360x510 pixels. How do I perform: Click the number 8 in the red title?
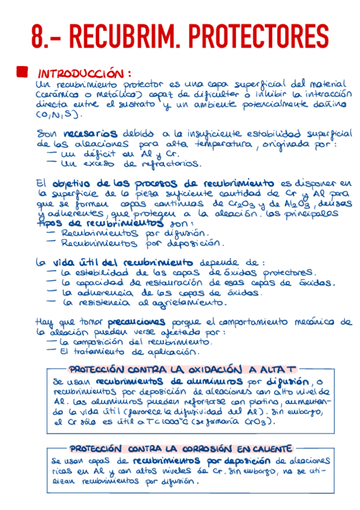40,37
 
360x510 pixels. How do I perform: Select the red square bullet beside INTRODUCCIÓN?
22,72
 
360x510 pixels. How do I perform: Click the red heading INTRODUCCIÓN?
84,73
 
